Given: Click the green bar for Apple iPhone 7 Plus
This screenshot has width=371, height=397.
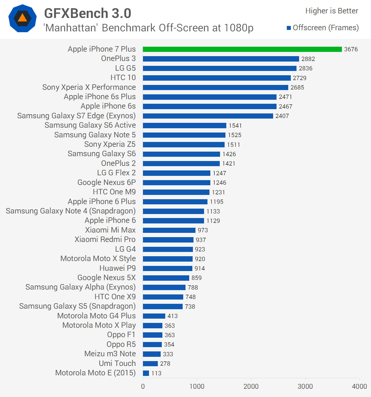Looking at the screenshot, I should click(242, 49).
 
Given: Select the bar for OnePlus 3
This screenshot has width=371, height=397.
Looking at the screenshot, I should click(221, 59).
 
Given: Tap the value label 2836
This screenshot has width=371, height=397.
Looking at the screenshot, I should click(305, 68).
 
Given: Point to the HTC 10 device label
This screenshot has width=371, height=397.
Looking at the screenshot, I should click(123, 78).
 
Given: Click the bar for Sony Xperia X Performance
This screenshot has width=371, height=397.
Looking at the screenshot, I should click(215, 87).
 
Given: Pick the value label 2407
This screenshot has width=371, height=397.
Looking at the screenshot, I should click(282, 116).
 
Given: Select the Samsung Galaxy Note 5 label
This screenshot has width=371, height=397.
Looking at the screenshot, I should click(95, 135).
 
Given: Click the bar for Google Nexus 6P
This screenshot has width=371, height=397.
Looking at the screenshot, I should click(176, 183).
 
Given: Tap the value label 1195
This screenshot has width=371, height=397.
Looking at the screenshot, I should click(217, 202).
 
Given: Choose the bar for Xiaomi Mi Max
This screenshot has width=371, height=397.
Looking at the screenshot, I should click(169, 230).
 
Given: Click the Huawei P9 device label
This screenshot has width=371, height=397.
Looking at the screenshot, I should click(117, 268).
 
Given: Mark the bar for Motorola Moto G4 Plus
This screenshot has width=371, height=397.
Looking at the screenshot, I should click(154, 316).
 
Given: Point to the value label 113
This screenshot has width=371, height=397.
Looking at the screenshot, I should click(156, 373).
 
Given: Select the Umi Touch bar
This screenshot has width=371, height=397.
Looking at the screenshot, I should click(150, 364).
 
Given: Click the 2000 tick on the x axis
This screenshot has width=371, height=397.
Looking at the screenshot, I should click(251, 386).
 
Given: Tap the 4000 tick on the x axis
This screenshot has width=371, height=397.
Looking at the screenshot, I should click(359, 386).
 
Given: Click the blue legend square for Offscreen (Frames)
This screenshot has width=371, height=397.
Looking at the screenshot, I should click(289, 28).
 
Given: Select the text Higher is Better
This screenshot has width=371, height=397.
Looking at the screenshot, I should click(332, 11).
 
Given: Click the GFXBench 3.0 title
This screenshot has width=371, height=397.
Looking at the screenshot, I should click(88, 13).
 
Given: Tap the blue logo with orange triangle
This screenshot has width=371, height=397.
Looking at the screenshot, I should click(23, 19).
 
